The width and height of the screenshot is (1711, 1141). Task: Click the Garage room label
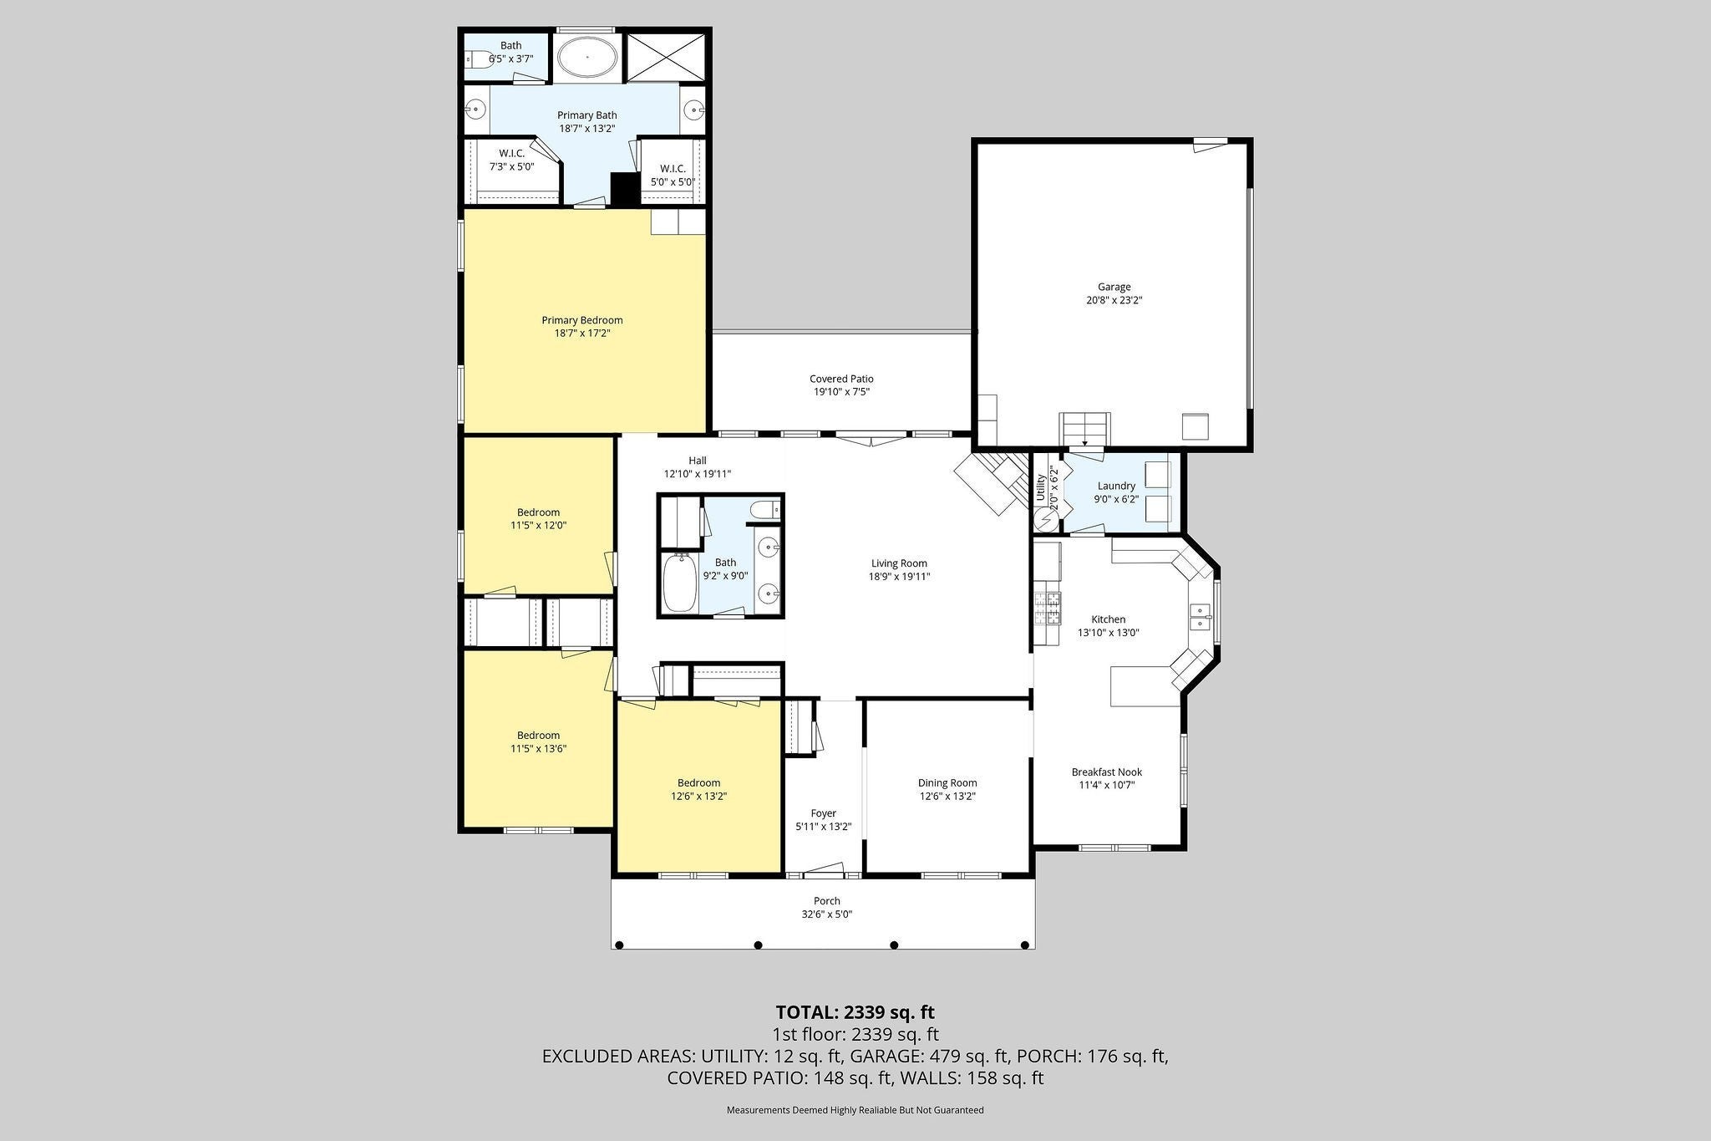pos(1114,287)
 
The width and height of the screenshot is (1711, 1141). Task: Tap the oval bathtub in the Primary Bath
pos(587,57)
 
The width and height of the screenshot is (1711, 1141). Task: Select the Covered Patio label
pos(841,379)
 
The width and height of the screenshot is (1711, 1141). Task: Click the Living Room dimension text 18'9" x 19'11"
pos(899,576)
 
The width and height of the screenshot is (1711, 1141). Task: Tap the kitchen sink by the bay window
pos(1201,617)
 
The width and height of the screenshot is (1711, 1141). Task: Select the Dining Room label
pos(947,783)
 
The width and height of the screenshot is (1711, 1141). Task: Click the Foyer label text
pos(823,813)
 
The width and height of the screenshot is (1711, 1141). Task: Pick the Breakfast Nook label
pos(1107,772)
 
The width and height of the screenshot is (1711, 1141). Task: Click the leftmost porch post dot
pos(619,945)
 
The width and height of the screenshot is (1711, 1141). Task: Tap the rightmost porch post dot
pos(1026,945)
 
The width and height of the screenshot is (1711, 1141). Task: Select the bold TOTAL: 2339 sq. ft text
pos(855,1012)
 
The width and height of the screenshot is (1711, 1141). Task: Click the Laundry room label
pos(1116,486)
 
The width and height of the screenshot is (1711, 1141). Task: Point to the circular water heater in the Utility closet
pos(1045,520)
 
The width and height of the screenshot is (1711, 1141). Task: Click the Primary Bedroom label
pos(582,320)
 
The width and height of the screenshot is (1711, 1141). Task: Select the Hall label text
pos(698,461)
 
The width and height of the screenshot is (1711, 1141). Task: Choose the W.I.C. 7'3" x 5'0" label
pos(511,160)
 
